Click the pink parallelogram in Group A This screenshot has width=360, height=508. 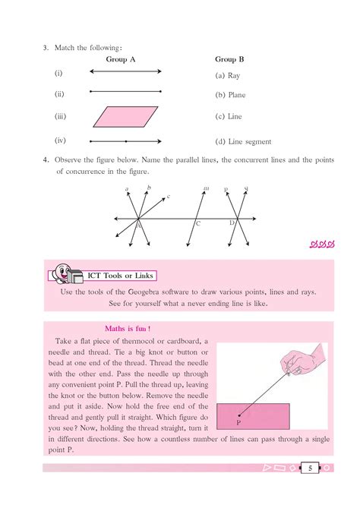125,117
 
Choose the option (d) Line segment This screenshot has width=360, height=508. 243,141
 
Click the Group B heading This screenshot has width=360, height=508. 230,58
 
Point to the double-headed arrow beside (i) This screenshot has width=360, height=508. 125,71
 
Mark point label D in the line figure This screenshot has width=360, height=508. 232,222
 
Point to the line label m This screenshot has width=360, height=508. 207,188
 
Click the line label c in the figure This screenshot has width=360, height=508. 168,197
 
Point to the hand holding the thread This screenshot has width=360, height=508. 310,359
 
